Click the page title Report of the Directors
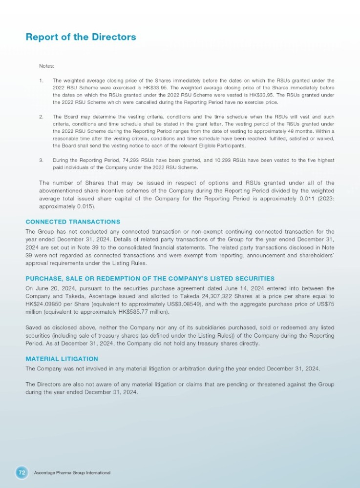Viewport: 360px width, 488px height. click(81, 37)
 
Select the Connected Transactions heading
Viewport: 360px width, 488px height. click(73, 222)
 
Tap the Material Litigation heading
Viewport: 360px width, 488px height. click(62, 359)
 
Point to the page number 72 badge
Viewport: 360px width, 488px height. click(21, 472)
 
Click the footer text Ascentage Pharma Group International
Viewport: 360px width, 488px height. click(72, 473)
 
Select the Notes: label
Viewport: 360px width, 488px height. click(47, 65)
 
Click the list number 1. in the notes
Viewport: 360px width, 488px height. click(41, 80)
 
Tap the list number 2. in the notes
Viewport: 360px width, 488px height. click(41, 117)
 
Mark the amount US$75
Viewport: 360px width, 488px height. click(326, 304)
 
